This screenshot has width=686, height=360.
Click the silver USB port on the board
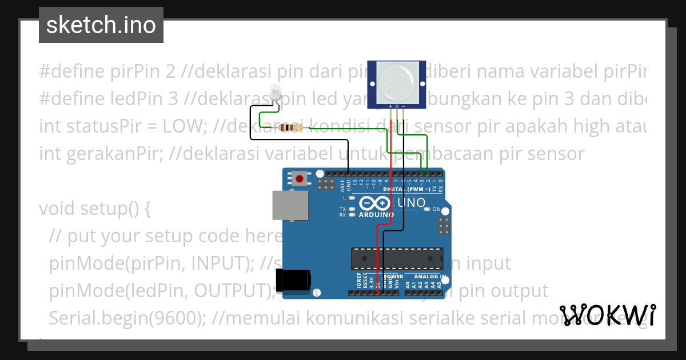pyautogui.click(x=290, y=205)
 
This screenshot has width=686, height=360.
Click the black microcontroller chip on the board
pyautogui.click(x=397, y=258)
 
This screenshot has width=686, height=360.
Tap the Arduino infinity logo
pyautogui.click(x=375, y=203)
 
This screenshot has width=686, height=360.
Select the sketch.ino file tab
pyautogui.click(x=101, y=25)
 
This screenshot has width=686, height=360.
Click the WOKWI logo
pyautogui.click(x=608, y=315)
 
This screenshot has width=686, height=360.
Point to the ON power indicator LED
pyautogui.click(x=427, y=209)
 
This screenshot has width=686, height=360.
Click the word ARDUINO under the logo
pyautogui.click(x=376, y=215)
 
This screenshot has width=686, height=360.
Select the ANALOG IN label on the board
pyautogui.click(x=429, y=277)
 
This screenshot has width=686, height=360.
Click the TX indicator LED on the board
pyautogui.click(x=352, y=209)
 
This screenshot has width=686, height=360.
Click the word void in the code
pyautogui.click(x=59, y=209)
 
